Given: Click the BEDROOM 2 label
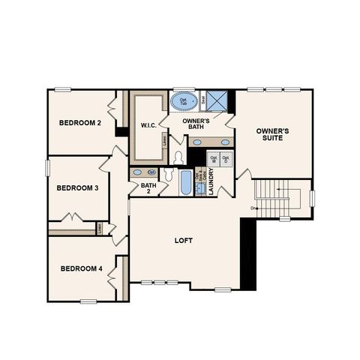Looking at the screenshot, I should pos(79,123).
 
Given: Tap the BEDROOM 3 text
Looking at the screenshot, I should pos(78,187).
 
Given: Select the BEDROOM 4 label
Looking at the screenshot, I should pos(81,268).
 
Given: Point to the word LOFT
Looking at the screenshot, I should pos(185,241).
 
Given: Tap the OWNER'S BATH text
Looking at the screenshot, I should pos(196,123).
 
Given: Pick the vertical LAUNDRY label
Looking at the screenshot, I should pos(212,182).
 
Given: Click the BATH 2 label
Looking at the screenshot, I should pos(148,188).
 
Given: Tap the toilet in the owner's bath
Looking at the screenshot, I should pos(178,157).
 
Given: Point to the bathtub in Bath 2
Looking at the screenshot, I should pos(185,183).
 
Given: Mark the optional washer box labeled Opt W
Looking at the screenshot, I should pos(213,159).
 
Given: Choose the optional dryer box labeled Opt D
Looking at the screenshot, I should pos(226,159).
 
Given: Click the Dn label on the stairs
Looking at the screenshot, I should pos(254,208).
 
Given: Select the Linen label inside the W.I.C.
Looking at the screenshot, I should pos(164,142).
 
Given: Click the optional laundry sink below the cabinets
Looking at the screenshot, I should pos(200,188).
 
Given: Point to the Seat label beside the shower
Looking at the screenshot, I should pos(202,99).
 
